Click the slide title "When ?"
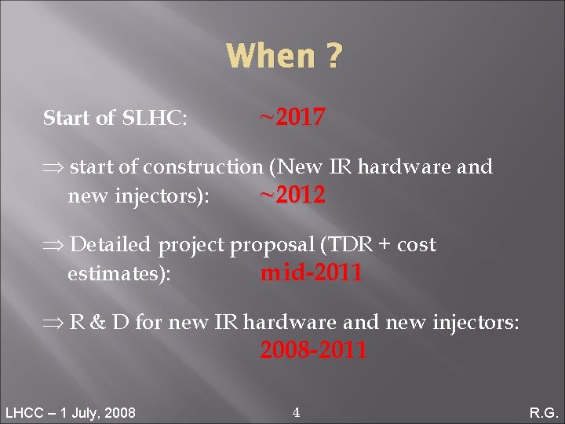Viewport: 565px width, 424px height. point(283,57)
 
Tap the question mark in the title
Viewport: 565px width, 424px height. point(334,57)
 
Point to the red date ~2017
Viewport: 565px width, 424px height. point(292,118)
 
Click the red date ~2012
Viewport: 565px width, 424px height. point(292,196)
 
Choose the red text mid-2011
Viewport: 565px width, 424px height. point(311,273)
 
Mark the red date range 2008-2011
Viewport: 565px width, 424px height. point(313,350)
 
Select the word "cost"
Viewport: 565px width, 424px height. point(416,245)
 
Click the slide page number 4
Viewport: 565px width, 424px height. point(295,412)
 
